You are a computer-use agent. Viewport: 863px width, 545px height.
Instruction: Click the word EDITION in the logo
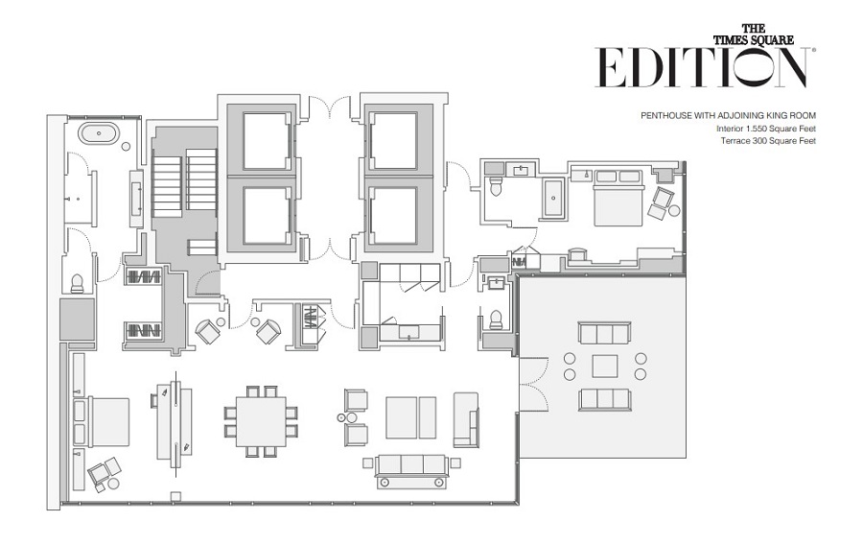click(701, 67)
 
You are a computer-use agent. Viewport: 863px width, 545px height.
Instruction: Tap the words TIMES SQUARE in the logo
click(754, 39)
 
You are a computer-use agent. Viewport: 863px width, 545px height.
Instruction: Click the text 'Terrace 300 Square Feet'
click(768, 140)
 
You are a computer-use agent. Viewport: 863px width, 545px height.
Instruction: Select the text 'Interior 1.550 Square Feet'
click(765, 129)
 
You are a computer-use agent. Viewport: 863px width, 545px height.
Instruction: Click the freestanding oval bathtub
click(99, 133)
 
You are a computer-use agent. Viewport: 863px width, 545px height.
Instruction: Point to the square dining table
click(261, 421)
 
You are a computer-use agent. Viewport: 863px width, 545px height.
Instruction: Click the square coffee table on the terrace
click(604, 367)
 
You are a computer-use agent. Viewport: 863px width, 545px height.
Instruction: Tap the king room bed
click(618, 198)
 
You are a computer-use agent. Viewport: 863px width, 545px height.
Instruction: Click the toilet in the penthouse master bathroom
click(77, 283)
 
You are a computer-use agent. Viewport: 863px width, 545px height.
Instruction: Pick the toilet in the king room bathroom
click(496, 186)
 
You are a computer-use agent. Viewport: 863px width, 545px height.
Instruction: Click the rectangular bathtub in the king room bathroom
click(552, 197)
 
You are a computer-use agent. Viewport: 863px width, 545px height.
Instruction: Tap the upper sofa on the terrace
click(604, 333)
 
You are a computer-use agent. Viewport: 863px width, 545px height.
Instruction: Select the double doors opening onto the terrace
click(534, 384)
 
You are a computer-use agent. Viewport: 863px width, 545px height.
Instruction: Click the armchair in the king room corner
click(660, 202)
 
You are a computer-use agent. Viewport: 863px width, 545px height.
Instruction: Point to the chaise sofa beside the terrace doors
click(466, 419)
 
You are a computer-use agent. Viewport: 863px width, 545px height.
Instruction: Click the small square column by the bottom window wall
click(175, 496)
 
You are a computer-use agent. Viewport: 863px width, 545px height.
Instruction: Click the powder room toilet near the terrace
click(496, 320)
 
